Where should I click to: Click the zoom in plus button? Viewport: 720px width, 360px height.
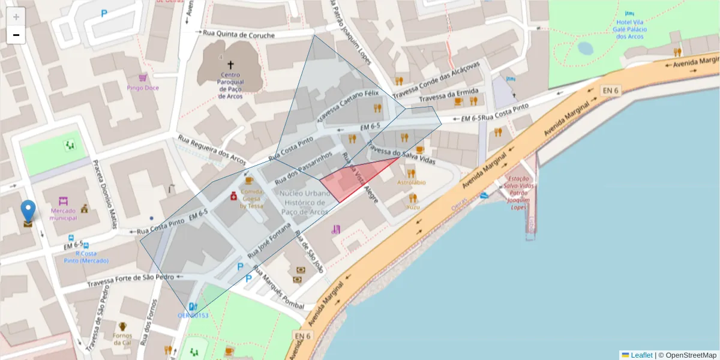pyautogui.click(x=16, y=17)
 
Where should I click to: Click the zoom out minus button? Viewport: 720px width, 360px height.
pyautogui.click(x=16, y=35)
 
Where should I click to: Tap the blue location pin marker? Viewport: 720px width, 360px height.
pyautogui.click(x=28, y=213)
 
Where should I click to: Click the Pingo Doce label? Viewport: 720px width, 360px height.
pyautogui.click(x=143, y=88)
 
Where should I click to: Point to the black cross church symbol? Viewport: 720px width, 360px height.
pyautogui.click(x=230, y=64)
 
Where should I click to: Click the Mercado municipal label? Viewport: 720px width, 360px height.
pyautogui.click(x=64, y=214)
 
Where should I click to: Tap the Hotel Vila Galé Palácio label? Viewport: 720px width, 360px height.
pyautogui.click(x=629, y=29)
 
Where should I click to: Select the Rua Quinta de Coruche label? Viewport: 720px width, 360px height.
pyautogui.click(x=239, y=35)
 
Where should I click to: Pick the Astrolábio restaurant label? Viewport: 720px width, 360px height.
pyautogui.click(x=411, y=182)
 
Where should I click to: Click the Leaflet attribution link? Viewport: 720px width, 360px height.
pyautogui.click(x=641, y=355)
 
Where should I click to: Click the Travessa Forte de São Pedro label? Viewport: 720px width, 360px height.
pyautogui.click(x=130, y=277)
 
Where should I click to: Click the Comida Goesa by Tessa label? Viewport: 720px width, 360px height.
pyautogui.click(x=251, y=199)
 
